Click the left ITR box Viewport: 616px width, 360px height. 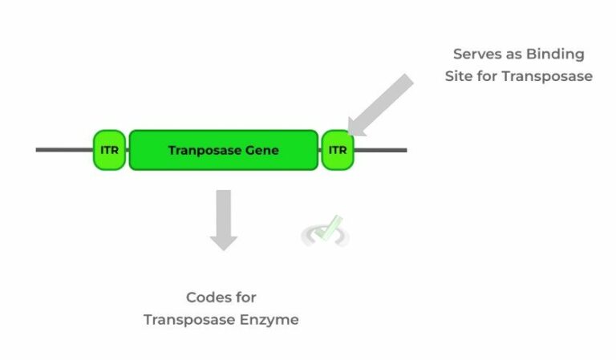point(109,150)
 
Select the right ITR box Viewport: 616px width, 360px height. point(338,150)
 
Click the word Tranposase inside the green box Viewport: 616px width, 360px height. point(201,150)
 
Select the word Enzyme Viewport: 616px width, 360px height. point(271,320)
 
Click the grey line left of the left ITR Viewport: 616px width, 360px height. point(64,150)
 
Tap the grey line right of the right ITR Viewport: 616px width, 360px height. point(380,150)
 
